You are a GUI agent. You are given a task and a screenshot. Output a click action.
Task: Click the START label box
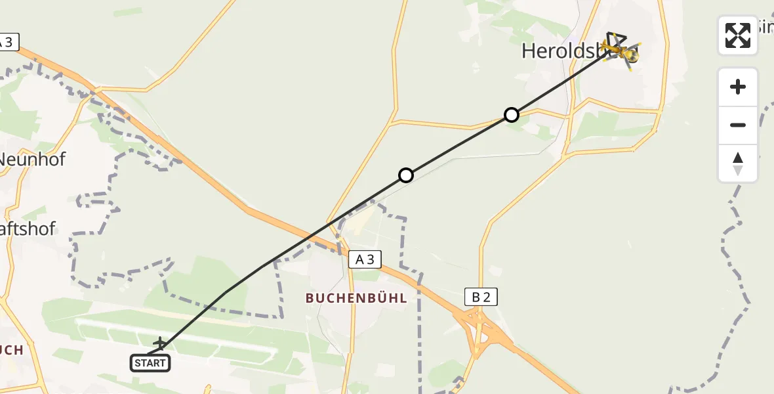point(150,362)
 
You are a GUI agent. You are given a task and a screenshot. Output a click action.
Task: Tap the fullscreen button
point(737,35)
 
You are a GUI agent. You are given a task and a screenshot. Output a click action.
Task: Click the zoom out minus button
point(737,125)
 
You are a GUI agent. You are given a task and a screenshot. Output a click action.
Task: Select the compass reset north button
point(737,164)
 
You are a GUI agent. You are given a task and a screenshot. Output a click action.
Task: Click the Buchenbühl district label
point(356,297)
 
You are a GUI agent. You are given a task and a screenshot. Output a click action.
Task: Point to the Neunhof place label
point(33,159)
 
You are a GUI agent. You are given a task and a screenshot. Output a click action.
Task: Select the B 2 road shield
point(481,297)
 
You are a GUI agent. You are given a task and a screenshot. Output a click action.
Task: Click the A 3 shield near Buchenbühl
point(365,259)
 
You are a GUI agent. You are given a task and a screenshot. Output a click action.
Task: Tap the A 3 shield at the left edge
point(8,42)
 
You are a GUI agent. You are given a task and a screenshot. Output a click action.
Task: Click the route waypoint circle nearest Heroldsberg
point(511,115)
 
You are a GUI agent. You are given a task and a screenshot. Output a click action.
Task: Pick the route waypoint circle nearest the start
point(406,175)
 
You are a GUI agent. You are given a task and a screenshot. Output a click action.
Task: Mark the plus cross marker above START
point(160,343)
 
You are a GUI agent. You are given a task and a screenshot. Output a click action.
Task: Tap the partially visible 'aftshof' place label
point(29,229)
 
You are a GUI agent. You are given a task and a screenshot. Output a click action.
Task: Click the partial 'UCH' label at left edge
point(12,349)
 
